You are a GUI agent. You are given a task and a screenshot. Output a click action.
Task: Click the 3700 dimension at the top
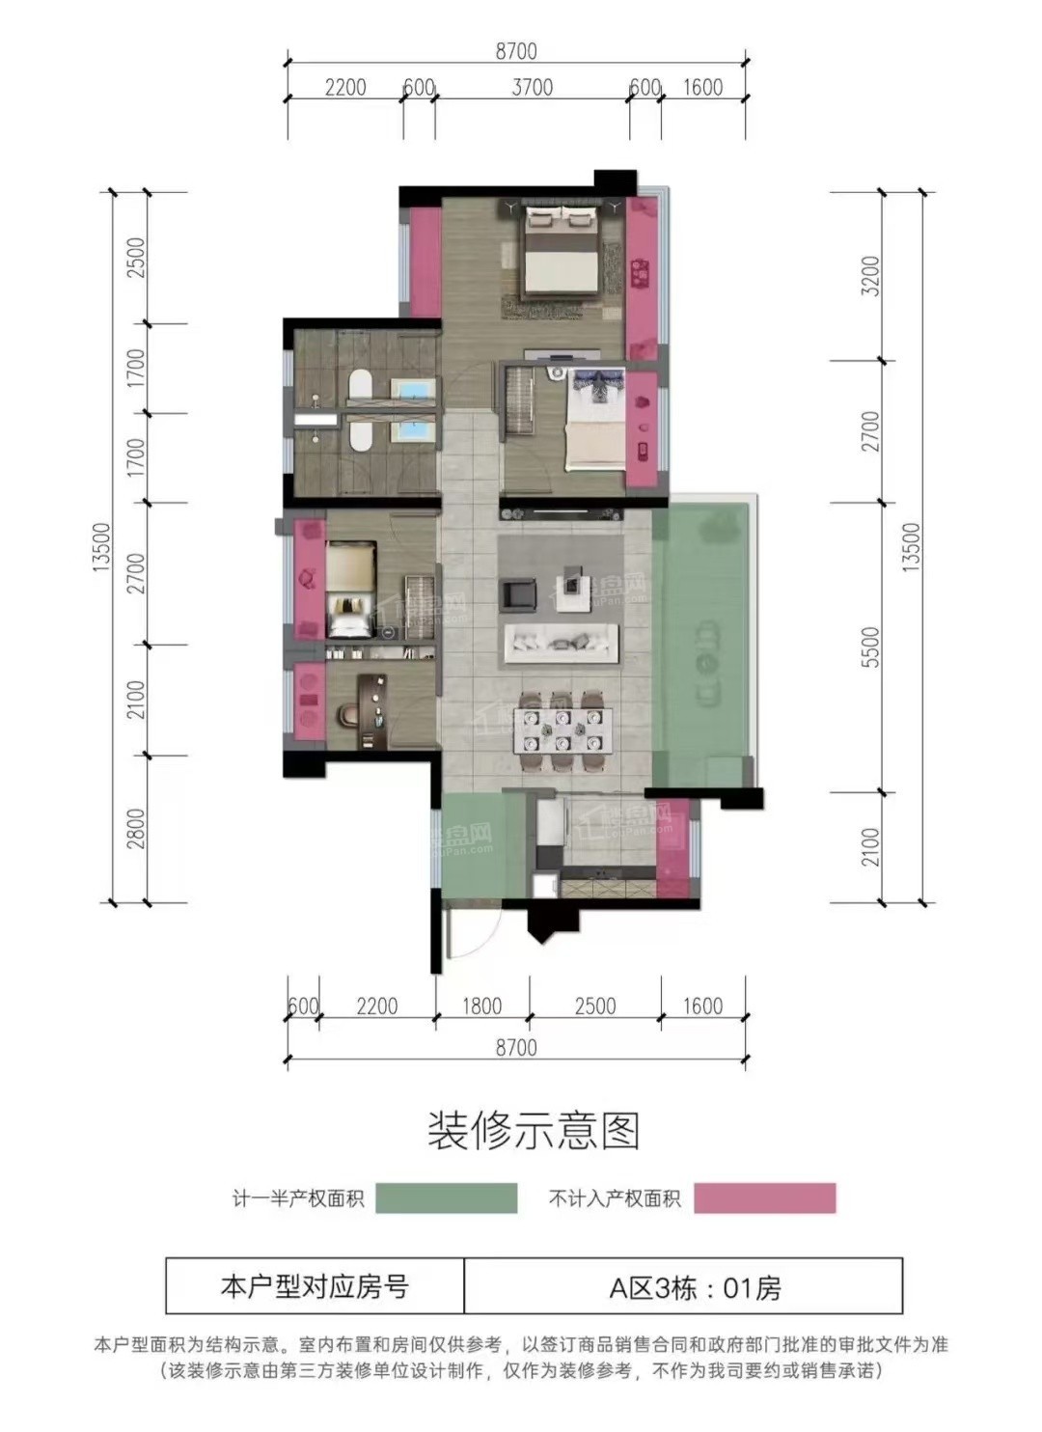[x=532, y=87]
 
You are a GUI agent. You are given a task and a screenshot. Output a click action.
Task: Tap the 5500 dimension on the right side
[x=870, y=647]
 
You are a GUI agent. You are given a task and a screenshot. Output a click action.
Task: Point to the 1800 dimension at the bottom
[x=482, y=1006]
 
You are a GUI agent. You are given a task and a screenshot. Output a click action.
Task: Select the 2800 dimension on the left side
[x=135, y=829]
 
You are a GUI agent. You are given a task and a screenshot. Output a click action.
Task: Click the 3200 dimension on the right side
[x=870, y=276]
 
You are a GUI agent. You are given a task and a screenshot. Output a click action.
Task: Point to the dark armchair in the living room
[x=519, y=592]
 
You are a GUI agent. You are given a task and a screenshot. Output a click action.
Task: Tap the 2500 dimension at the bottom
[x=595, y=1006]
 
